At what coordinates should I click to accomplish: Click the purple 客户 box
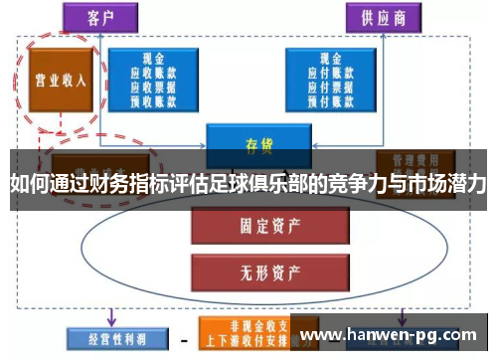pos(100,17)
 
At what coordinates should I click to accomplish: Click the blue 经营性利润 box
pos(108,338)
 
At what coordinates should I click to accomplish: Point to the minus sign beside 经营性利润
pos(183,340)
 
